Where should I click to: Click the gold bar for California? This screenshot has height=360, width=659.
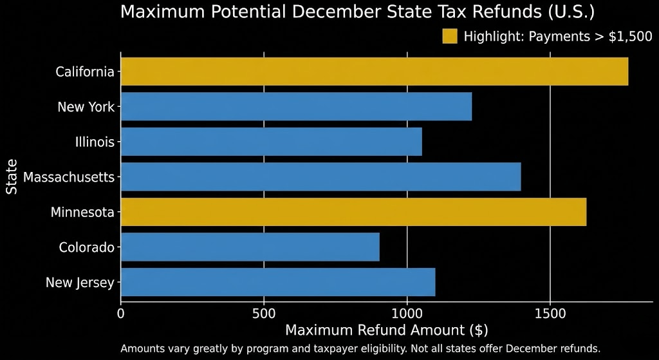point(375,71)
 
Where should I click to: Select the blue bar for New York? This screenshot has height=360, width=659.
point(296,106)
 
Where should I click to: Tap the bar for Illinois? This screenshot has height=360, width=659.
point(271,142)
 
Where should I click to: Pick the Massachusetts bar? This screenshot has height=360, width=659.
point(320,176)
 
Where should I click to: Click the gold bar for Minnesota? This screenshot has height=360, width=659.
point(353,212)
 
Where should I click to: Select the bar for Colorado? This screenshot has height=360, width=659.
point(250,247)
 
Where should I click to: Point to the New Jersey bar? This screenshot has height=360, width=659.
point(278,282)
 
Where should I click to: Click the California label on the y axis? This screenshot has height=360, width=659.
point(84,71)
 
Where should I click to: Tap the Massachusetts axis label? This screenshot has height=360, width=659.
point(68,176)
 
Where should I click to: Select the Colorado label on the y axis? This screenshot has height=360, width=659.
point(86,247)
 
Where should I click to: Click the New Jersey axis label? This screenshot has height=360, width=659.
point(80,282)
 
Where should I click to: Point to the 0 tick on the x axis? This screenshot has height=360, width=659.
point(121,314)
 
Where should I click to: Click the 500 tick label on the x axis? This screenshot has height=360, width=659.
point(264,314)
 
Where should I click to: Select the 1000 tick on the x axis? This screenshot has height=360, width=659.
point(407,314)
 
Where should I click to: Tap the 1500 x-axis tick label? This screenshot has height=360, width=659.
point(550,314)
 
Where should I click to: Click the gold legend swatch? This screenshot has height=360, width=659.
point(449,36)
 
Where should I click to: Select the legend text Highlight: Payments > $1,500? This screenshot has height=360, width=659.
point(557,37)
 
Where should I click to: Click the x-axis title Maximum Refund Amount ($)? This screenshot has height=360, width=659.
point(386,330)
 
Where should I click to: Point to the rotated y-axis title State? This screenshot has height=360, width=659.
point(12,176)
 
